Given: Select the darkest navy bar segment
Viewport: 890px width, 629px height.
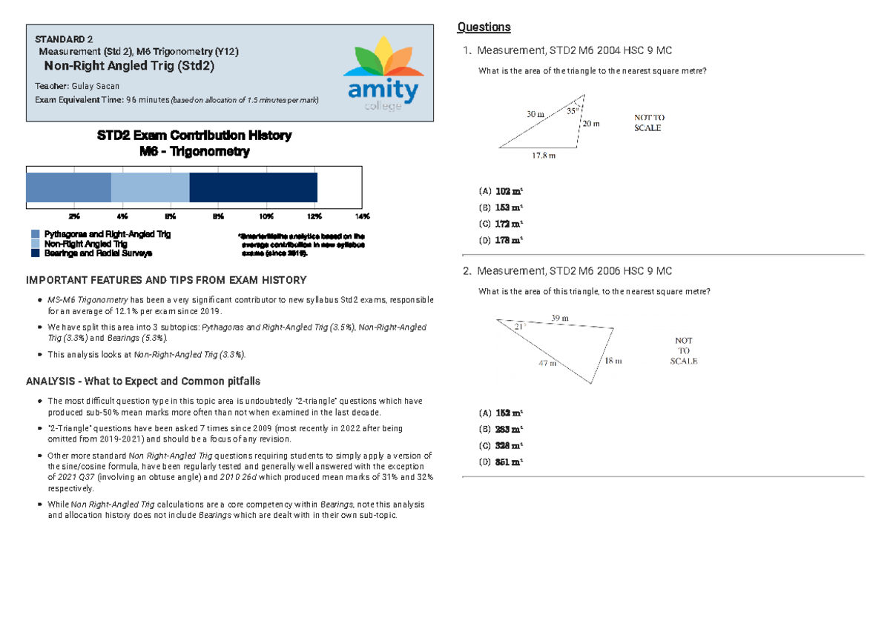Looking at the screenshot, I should point(254,187).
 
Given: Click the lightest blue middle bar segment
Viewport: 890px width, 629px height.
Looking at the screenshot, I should point(151,187).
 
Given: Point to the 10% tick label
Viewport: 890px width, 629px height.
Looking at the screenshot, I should point(266,216).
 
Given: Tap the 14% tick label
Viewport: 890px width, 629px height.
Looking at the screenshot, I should point(362,216).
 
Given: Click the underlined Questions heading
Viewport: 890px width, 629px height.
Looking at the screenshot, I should point(484,27).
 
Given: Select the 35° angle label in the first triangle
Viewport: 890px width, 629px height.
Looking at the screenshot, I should point(572,111).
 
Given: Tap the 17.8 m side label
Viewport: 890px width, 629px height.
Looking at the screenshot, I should point(543,156).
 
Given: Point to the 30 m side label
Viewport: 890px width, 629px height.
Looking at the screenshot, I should point(535,115).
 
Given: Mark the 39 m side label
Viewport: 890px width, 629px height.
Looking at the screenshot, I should point(560,318).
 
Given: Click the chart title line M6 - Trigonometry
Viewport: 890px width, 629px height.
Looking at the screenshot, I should point(194,152).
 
